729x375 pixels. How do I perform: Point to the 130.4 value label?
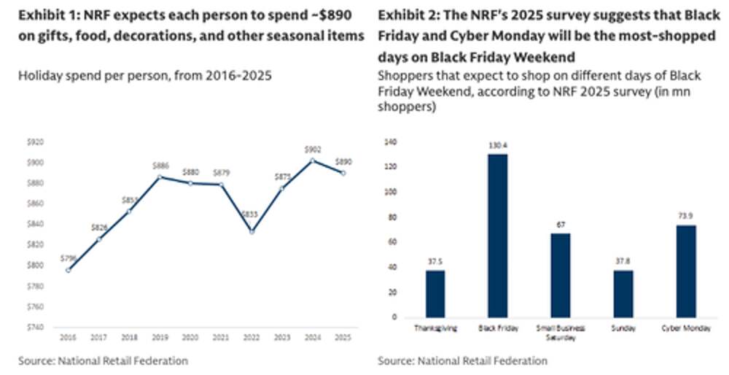[498, 145]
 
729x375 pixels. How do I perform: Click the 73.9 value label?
[685, 216]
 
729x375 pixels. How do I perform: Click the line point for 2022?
[252, 231]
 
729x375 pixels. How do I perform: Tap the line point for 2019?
[160, 177]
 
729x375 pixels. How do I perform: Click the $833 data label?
[252, 215]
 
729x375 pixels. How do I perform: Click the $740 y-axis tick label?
[35, 327]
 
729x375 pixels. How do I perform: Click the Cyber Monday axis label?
[685, 328]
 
